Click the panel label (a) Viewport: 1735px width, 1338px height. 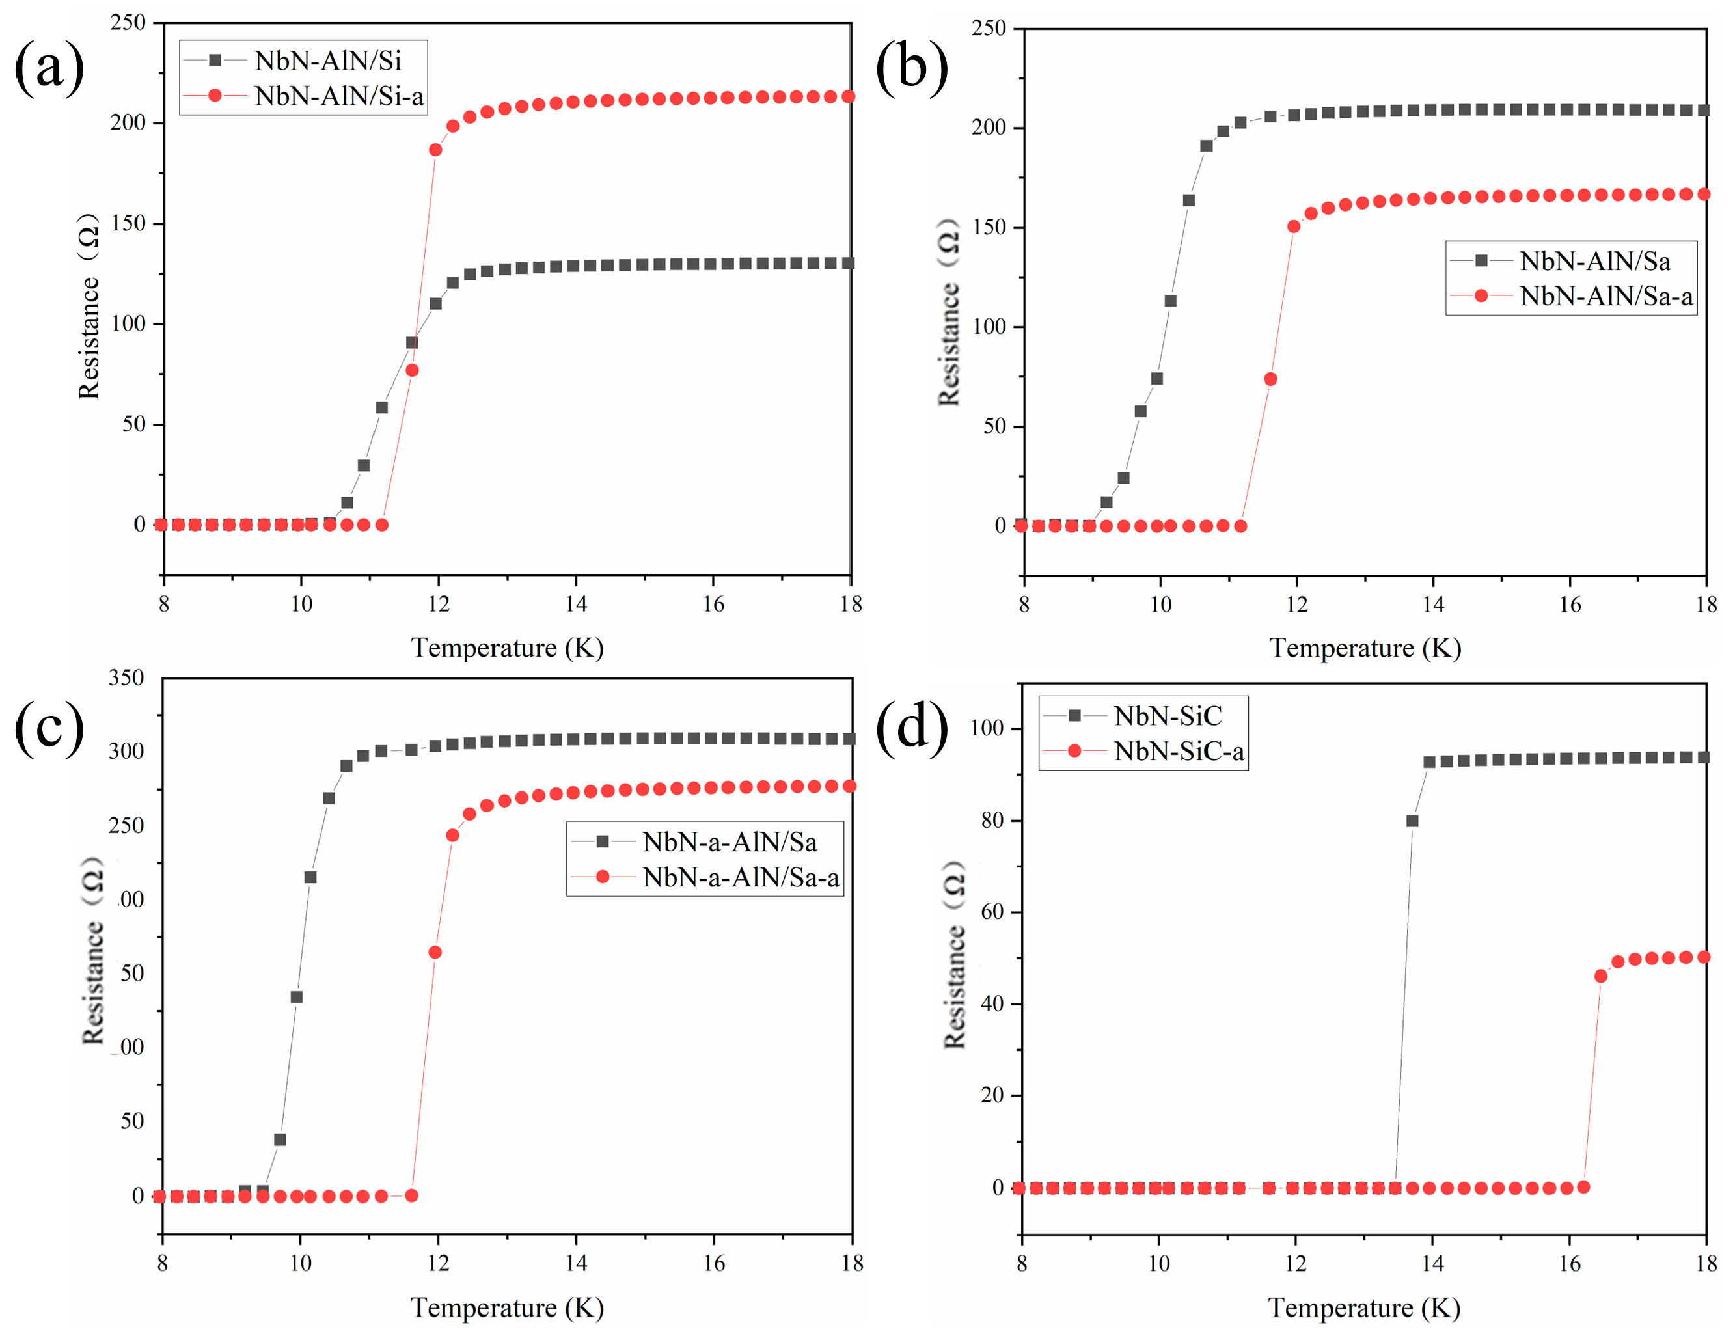[x=49, y=68]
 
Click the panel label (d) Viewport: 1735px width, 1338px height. [x=911, y=726]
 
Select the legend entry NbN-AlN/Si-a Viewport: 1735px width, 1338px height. [x=338, y=96]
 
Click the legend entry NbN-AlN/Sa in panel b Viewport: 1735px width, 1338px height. [x=1594, y=260]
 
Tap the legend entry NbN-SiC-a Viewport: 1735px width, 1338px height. [x=1178, y=751]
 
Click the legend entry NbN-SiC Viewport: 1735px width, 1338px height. [x=1167, y=716]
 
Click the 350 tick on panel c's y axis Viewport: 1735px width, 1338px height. [x=126, y=677]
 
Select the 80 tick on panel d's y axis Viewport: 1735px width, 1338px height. [x=992, y=820]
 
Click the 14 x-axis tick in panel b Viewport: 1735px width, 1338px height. [x=1433, y=605]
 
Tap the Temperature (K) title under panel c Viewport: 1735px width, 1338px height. [x=507, y=1307]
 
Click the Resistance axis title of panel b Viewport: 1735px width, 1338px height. [x=949, y=312]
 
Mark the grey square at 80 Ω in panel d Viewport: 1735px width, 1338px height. [x=1412, y=821]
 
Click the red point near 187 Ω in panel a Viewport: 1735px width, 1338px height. [x=435, y=150]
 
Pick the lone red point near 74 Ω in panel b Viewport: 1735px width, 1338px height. [x=1270, y=379]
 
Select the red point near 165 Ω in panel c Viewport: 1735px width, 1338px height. [x=435, y=952]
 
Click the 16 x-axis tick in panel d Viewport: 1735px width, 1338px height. [x=1570, y=1263]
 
